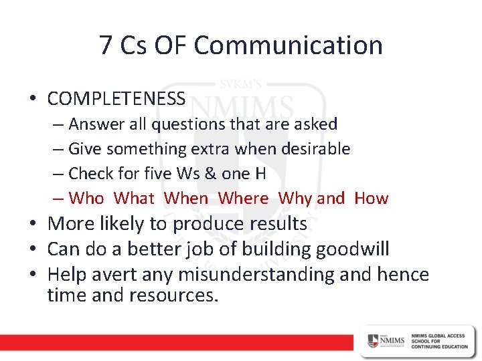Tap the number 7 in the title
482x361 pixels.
(106, 45)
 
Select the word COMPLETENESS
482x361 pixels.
(116, 99)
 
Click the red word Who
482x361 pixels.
(86, 198)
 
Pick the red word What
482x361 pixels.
(134, 198)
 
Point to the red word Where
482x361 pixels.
(243, 198)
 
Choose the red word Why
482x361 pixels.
(295, 199)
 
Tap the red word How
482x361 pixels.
(371, 198)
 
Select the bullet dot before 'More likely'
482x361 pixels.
(32, 224)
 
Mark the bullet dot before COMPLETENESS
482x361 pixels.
(32, 100)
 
